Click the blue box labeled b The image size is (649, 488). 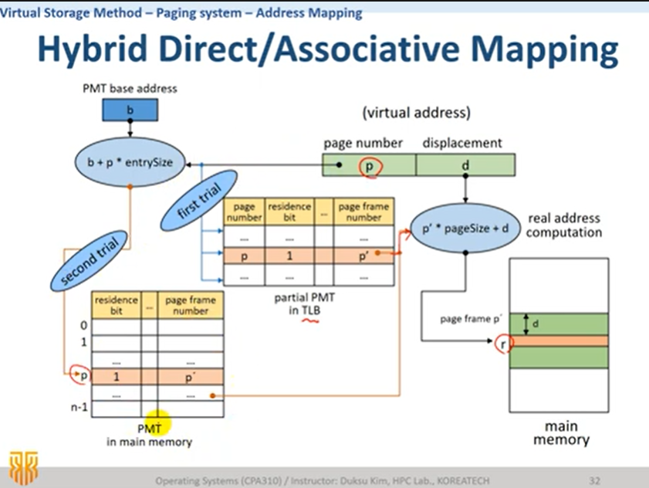tap(130, 110)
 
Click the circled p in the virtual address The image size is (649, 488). tap(369, 164)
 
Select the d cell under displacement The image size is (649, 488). tap(465, 164)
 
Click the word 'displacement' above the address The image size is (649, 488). tap(462, 143)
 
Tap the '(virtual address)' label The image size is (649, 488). tap(416, 113)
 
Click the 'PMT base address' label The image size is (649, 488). tap(130, 88)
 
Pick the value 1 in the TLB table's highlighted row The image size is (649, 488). tap(288, 254)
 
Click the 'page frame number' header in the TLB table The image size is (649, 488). tap(363, 212)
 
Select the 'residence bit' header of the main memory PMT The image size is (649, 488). tap(116, 304)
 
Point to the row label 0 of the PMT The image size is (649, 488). tap(83, 326)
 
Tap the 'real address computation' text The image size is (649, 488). tap(564, 225)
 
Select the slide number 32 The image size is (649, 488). tap(594, 480)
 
